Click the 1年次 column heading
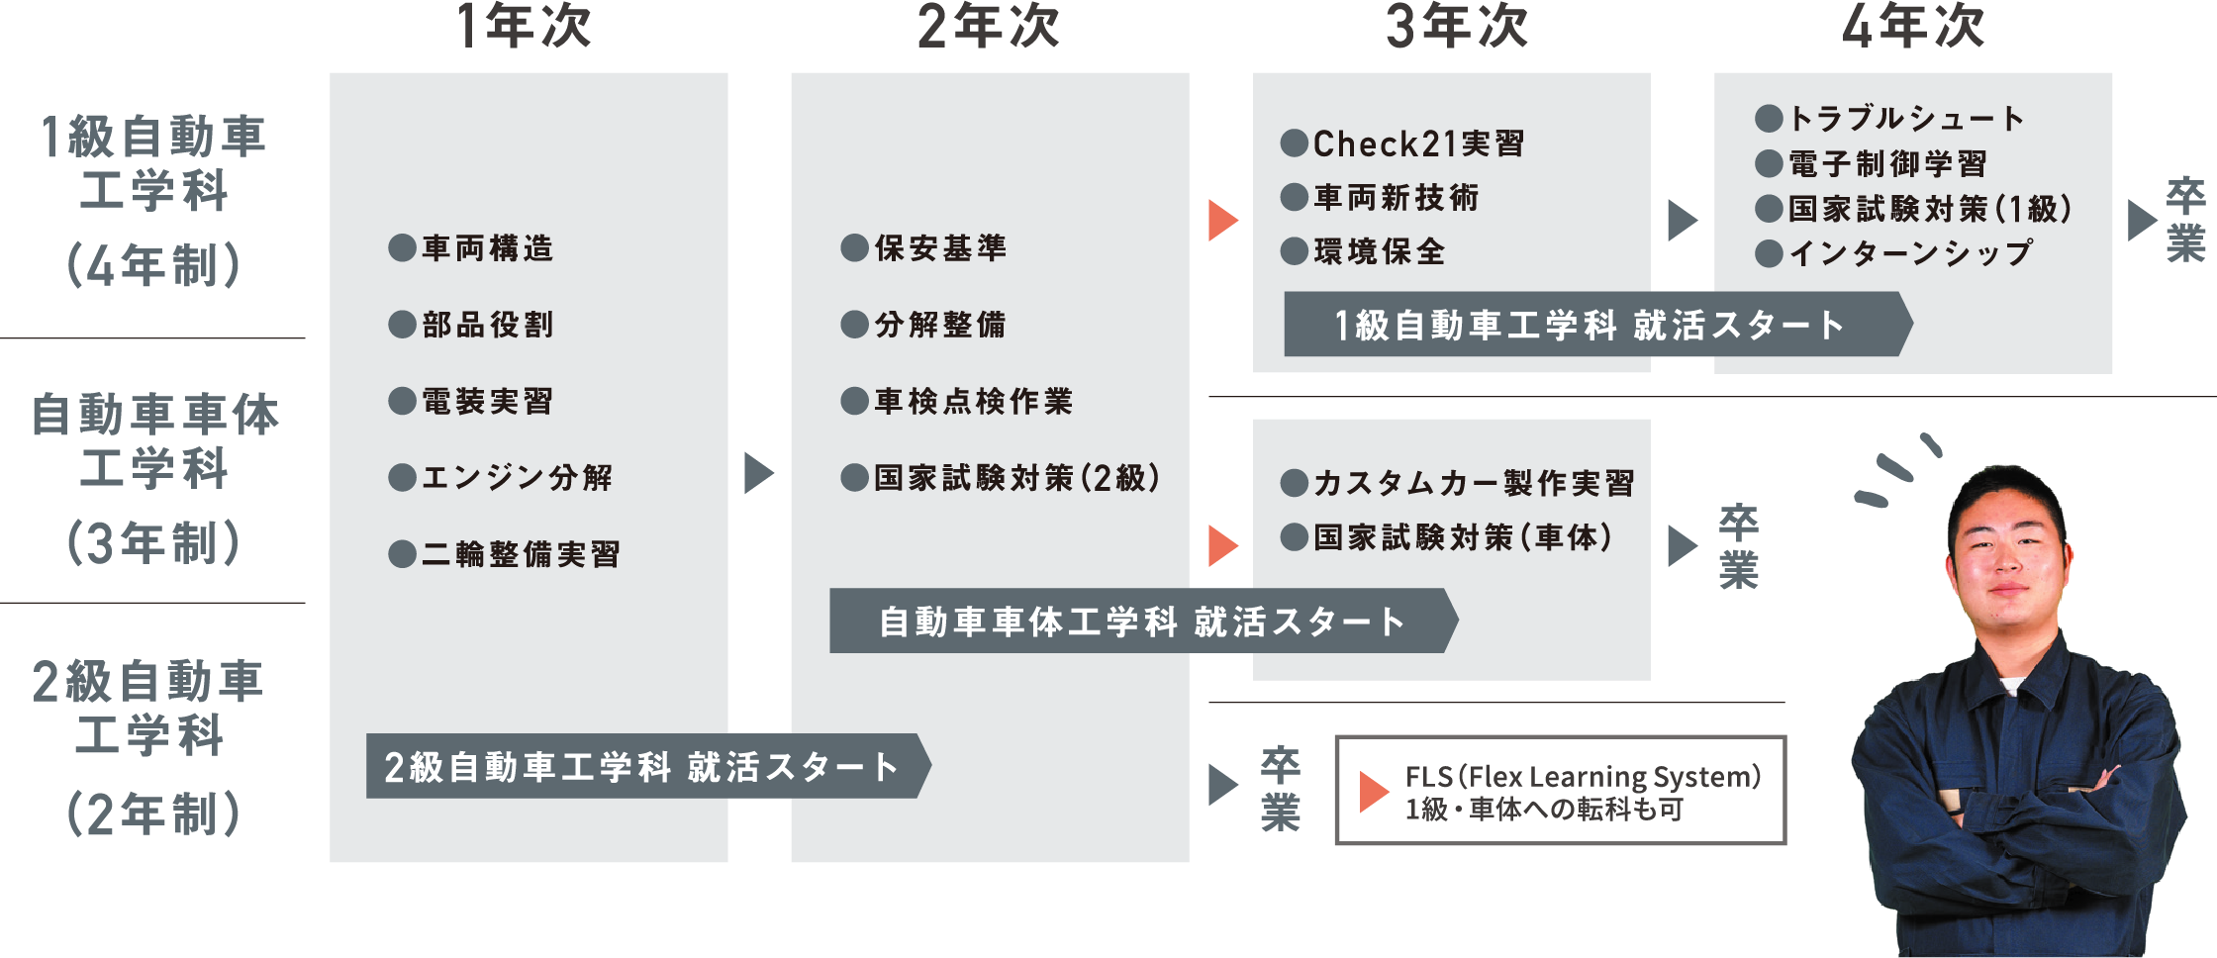524,27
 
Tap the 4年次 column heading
1912,27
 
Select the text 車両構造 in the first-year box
488,248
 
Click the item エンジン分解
518,478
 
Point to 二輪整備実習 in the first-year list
522,554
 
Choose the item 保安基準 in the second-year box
940,248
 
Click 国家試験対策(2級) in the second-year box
1016,478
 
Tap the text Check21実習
1418,144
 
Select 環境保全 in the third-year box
1380,252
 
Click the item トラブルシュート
1907,119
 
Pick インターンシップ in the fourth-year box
1910,253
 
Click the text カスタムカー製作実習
1474,483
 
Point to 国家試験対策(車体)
1463,537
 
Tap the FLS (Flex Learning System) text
1583,777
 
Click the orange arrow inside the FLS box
1373,792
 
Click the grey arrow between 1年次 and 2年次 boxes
758,473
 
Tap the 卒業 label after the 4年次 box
2185,220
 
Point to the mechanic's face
2007,554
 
